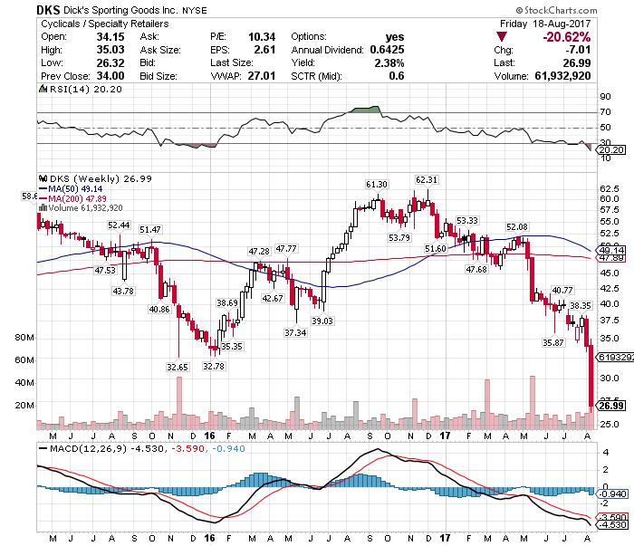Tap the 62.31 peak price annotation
click(427, 179)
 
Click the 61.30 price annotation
click(377, 184)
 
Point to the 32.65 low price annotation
click(176, 367)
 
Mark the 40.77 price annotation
click(562, 289)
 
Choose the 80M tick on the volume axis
click(24, 337)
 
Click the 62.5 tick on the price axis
click(610, 188)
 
